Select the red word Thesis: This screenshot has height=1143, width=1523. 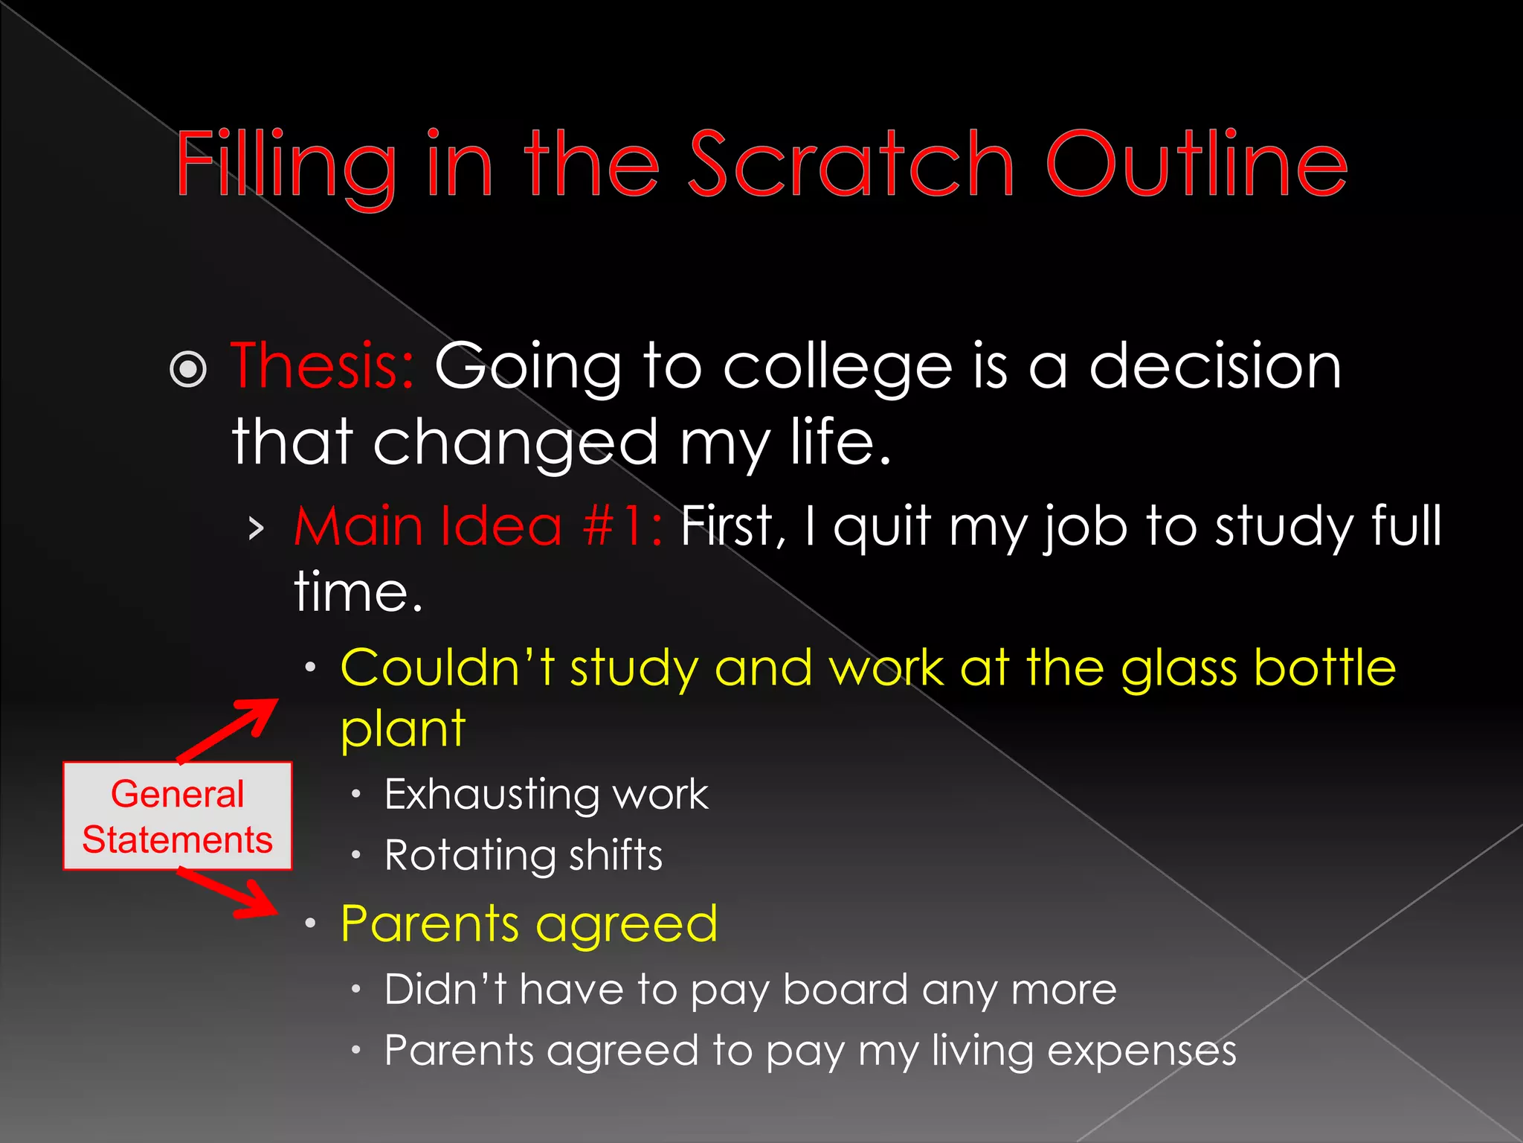coord(322,366)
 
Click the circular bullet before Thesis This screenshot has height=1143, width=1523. coord(188,369)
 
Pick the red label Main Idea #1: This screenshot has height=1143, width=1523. coord(478,526)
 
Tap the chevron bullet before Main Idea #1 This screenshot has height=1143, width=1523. coord(257,529)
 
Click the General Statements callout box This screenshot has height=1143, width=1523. coord(178,816)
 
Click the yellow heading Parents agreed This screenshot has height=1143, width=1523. coord(529,925)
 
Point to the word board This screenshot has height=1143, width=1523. coord(846,990)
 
